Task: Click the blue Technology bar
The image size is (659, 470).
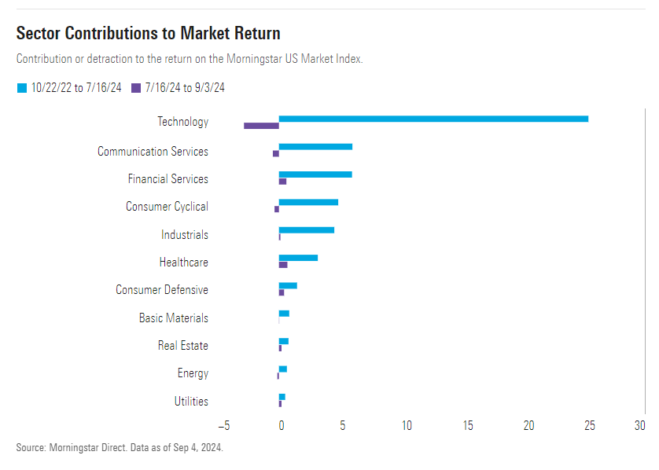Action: pos(433,119)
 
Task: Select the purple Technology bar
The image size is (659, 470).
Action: pos(261,126)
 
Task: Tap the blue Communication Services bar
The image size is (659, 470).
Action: pos(315,147)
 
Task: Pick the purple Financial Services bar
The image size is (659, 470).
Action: pos(282,182)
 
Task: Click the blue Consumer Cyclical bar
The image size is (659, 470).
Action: pos(308,202)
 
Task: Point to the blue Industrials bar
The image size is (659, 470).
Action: pos(307,230)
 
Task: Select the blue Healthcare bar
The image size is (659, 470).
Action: pos(298,258)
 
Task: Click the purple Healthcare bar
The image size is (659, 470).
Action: pos(283,265)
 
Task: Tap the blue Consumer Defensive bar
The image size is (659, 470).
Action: pos(288,285)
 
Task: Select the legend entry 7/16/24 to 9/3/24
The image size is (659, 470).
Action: pos(179,88)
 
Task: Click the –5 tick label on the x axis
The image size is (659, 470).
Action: pos(224,426)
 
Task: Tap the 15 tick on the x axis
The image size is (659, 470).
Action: pos(468,426)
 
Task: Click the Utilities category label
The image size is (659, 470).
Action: pos(191,402)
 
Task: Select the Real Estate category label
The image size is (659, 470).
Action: pos(182,346)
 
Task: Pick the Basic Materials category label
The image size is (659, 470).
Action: pos(173,318)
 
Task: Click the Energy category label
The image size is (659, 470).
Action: pos(193,373)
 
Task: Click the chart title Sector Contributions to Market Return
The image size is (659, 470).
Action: pos(148,33)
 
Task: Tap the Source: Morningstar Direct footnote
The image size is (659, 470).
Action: pos(120,447)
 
